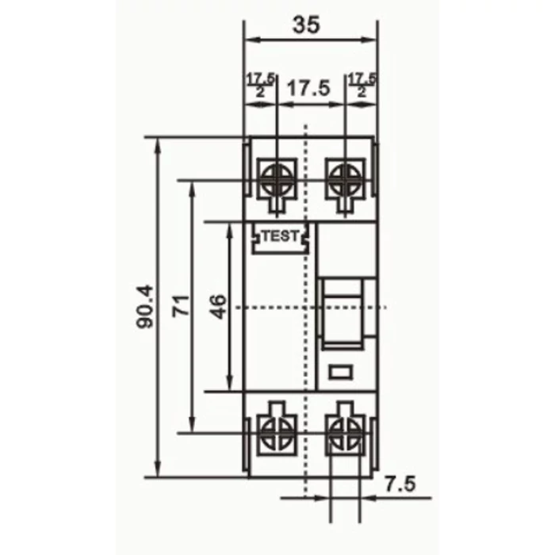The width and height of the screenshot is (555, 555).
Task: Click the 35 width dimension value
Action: [x=306, y=25]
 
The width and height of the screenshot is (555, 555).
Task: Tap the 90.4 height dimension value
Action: [x=145, y=307]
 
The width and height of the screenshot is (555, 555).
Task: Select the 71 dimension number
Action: [x=181, y=306]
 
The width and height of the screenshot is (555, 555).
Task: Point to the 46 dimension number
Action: [x=218, y=307]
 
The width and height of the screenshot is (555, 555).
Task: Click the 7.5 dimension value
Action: [x=400, y=484]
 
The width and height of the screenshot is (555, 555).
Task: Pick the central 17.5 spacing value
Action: [x=308, y=88]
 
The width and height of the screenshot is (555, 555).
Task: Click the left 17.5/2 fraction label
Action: [x=260, y=86]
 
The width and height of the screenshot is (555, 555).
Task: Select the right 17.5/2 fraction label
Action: [x=362, y=86]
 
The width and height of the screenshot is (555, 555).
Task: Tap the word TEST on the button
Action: [x=281, y=236]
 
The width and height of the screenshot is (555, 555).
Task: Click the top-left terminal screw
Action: [x=277, y=180]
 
